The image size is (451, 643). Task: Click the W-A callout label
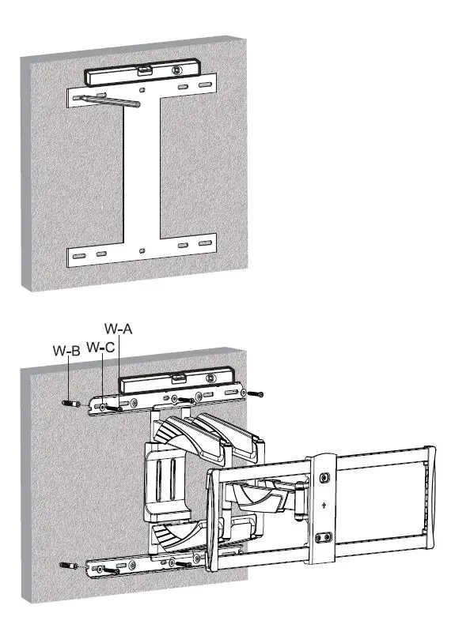[x=118, y=328]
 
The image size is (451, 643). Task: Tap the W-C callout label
[x=100, y=347]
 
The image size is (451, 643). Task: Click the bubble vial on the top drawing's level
[x=143, y=70]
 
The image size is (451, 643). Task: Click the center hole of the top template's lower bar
[x=142, y=250]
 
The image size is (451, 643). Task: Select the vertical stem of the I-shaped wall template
[x=142, y=174]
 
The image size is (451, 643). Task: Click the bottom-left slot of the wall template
[x=79, y=257]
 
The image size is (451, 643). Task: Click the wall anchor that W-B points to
[x=70, y=402]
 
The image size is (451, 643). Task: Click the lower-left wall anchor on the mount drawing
[x=70, y=565]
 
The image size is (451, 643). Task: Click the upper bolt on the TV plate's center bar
[x=324, y=477]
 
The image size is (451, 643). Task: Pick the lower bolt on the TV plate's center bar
[x=322, y=537]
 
